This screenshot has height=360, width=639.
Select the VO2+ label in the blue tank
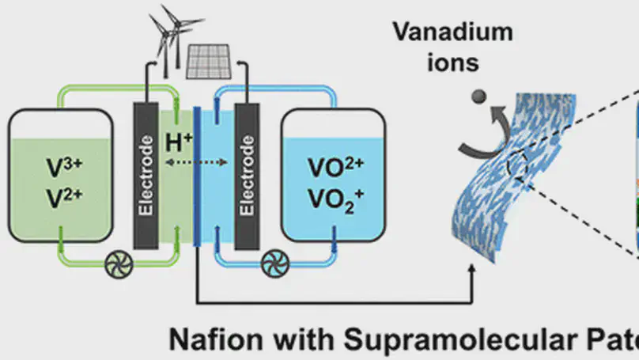coord(333,170)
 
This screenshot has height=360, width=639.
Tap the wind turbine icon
coord(168,28)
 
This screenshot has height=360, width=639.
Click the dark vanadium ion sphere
coord(478,97)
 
